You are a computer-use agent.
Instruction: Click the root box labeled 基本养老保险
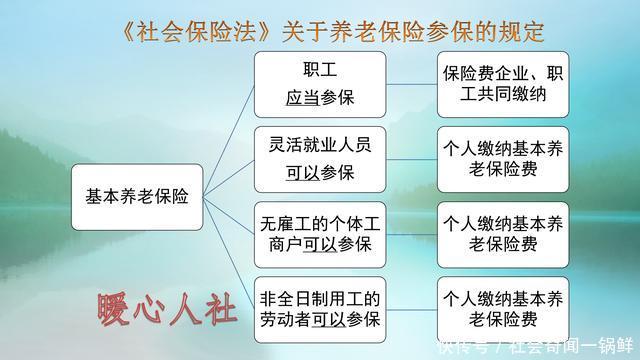point(137,197)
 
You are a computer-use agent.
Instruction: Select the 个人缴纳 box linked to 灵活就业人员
point(503,158)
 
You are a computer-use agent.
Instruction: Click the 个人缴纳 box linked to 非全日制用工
point(503,308)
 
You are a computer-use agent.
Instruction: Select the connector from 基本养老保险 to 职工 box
point(228,130)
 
